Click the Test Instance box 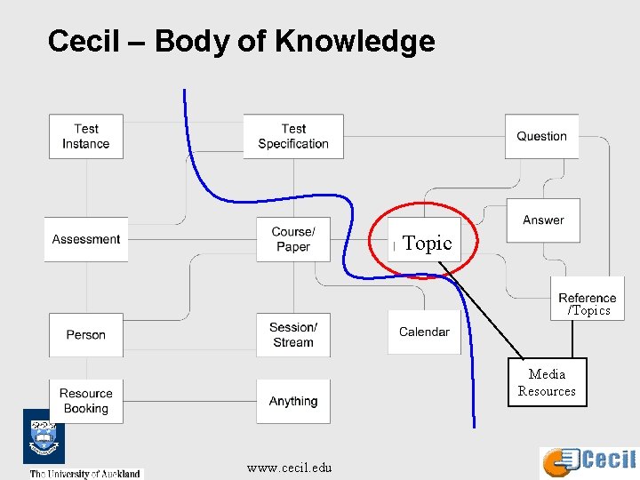[85, 137]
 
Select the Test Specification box [293, 137]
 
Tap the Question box [541, 137]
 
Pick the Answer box [543, 220]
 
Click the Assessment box [86, 239]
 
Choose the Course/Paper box [293, 239]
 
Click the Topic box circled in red [427, 243]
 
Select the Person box [86, 335]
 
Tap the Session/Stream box [293, 335]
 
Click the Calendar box [424, 332]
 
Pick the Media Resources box [547, 382]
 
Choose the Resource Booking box [86, 401]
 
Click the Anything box [293, 402]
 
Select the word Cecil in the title [83, 41]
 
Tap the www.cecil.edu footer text [289, 468]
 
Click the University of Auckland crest [43, 438]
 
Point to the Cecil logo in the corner [589, 460]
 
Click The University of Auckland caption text [85, 474]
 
